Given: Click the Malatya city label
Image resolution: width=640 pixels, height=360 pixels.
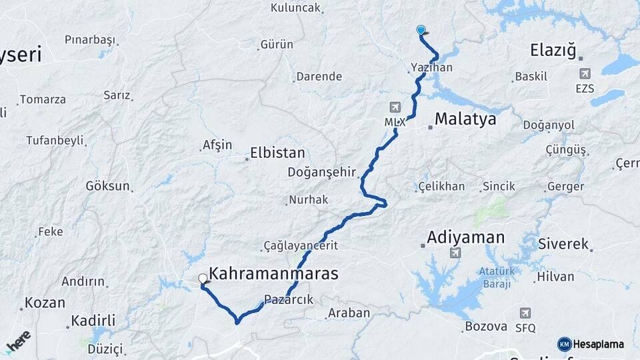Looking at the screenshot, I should (x=465, y=119).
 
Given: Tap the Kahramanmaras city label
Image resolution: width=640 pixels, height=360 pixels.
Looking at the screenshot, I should (x=273, y=273).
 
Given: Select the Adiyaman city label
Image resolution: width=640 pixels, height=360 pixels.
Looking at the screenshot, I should (x=465, y=237).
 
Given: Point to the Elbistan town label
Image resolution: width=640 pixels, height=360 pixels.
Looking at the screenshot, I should (x=277, y=153).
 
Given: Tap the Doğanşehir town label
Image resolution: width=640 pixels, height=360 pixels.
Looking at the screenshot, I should (x=321, y=172).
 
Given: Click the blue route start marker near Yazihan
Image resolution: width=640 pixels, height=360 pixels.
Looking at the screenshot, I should (x=421, y=30).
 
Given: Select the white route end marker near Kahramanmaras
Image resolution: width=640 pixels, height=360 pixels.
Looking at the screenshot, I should (x=203, y=279).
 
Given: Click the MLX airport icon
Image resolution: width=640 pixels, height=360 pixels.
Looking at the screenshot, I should (x=395, y=107).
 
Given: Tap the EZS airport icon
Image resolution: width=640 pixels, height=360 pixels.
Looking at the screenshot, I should (x=585, y=73).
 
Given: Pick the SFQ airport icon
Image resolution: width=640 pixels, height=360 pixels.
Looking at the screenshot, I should (x=525, y=313).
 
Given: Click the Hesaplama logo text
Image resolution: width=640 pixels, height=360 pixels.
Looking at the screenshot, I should (x=597, y=344).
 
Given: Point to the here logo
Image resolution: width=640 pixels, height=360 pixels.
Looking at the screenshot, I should (x=18, y=341).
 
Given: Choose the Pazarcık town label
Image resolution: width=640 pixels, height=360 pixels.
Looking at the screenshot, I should (x=289, y=300).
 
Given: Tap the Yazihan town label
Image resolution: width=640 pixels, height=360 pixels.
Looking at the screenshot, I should (x=432, y=68).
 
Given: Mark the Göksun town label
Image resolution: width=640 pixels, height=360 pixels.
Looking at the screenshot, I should (x=107, y=186).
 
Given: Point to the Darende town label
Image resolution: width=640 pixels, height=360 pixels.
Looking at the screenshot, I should (x=319, y=77).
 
